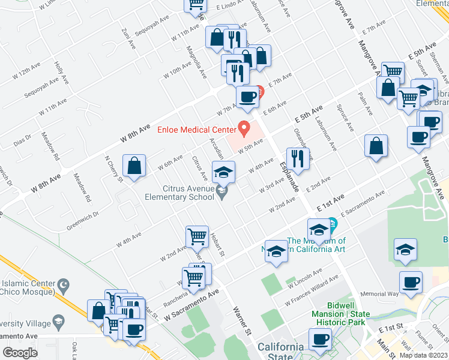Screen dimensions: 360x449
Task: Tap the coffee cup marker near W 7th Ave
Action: coord(247,97)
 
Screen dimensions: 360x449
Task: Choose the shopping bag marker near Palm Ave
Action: coord(376,146)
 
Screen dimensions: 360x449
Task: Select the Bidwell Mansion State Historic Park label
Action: coord(341,318)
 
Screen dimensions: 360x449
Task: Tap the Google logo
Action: coord(20,352)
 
